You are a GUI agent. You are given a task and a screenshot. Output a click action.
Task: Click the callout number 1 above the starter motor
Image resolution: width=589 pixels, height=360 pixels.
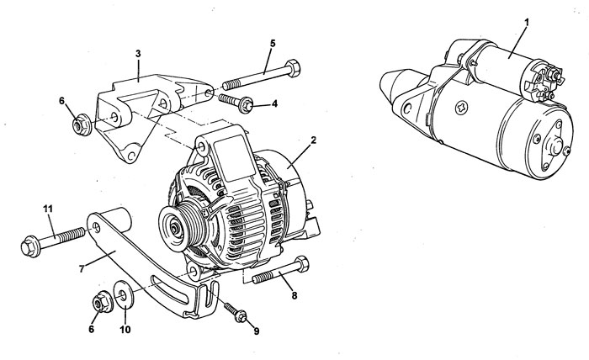526,22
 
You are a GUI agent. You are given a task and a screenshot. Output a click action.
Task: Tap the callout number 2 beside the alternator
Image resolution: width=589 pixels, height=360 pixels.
313,140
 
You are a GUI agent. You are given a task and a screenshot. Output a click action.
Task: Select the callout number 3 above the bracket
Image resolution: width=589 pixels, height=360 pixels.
138,54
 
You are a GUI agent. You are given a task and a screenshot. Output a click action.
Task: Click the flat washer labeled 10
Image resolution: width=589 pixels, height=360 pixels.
123,294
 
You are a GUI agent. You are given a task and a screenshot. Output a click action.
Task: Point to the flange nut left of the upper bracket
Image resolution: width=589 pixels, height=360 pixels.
82,124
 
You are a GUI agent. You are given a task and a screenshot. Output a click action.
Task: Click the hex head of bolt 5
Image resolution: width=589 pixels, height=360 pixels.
293,68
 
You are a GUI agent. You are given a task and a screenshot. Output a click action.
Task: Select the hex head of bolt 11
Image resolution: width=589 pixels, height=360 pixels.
30,247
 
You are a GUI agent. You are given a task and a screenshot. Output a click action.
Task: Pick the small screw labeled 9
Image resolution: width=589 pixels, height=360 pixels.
236,312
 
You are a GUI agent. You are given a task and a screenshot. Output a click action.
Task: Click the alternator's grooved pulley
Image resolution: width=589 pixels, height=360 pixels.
183,226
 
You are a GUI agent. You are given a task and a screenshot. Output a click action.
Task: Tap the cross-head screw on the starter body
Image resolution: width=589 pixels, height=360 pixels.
461,109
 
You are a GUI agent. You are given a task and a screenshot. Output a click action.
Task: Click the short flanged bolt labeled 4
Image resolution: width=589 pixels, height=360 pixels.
236,103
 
